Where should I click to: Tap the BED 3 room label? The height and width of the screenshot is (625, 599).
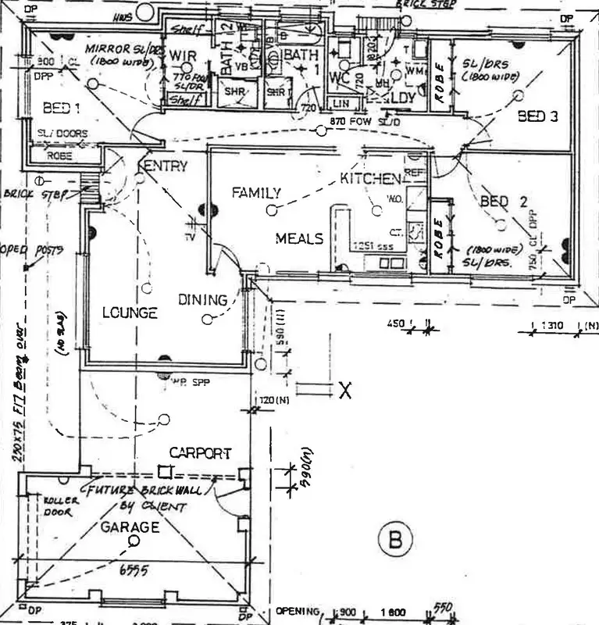[x=538, y=116]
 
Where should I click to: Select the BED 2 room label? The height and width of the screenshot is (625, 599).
[x=504, y=202]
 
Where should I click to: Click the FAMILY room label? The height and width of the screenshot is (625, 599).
[x=256, y=193]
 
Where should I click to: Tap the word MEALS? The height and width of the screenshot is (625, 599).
[x=299, y=238]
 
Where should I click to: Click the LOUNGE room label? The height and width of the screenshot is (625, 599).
[x=130, y=313]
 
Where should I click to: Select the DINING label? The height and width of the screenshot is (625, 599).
[x=202, y=299]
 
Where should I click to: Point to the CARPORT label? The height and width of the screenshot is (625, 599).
[x=201, y=453]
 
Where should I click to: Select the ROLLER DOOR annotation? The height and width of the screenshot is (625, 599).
[x=57, y=507]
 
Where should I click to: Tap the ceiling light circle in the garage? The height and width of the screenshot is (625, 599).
[x=134, y=541]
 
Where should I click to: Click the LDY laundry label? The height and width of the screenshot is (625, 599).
[x=404, y=97]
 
